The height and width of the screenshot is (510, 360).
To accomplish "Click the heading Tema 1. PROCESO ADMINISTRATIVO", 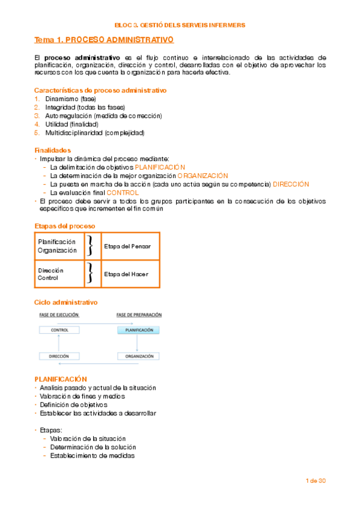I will tap(104, 40).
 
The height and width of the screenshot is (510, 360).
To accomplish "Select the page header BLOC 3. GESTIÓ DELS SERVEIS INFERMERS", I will tap(180, 25).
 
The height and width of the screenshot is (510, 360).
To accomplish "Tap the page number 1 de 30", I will tap(315, 481).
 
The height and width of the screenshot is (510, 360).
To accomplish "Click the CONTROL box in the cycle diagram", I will tap(59, 330).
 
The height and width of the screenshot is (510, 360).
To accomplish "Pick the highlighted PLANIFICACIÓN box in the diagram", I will tap(138, 330).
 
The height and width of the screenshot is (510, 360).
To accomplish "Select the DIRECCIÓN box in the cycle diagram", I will tap(59, 356).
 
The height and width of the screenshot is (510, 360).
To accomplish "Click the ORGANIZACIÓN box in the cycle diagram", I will tap(138, 356).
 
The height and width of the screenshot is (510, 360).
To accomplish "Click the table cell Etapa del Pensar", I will tap(127, 247).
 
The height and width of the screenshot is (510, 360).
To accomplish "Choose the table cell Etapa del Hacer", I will tap(126, 274).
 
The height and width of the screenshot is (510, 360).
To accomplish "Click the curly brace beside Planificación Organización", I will tap(90, 247).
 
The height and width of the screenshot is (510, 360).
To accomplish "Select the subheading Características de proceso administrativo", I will tap(100, 90).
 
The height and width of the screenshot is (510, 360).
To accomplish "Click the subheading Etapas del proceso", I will tap(64, 226).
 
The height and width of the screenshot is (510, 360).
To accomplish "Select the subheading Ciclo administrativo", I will tap(66, 302).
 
